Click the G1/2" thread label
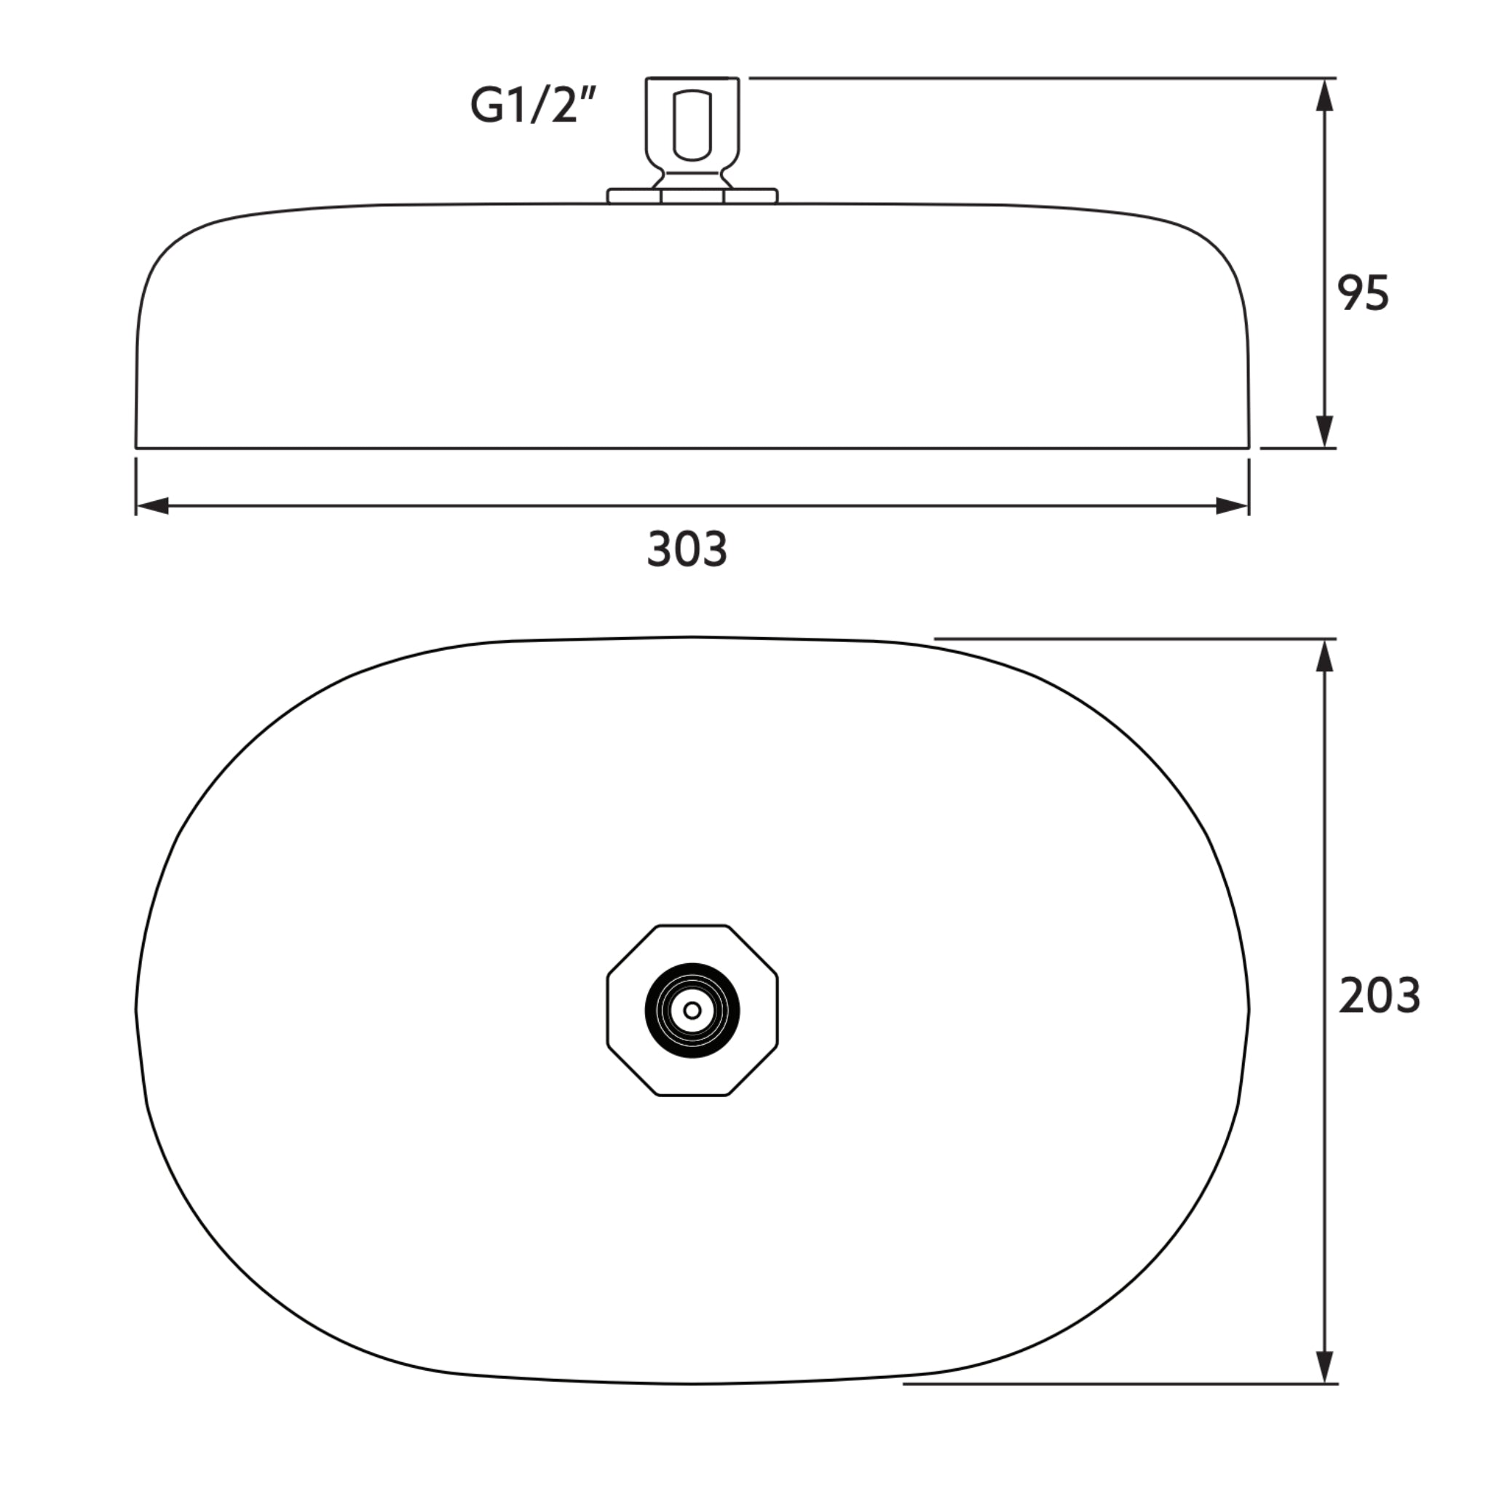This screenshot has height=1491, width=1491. point(533,106)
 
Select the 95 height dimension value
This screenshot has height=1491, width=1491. point(1363,293)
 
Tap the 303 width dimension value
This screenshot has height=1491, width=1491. point(687,550)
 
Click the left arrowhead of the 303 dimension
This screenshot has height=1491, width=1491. point(153,506)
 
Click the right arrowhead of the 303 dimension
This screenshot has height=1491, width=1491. point(1232,506)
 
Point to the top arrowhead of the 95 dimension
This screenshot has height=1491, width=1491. point(1324,95)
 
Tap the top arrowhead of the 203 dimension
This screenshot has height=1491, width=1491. point(1324,657)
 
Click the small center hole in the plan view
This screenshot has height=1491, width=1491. point(692,1011)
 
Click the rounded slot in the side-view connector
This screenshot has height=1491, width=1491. point(692,126)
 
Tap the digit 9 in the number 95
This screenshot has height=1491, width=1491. point(1350,293)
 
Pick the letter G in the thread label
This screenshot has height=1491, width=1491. point(486,106)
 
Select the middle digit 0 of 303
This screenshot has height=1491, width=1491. point(687,550)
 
